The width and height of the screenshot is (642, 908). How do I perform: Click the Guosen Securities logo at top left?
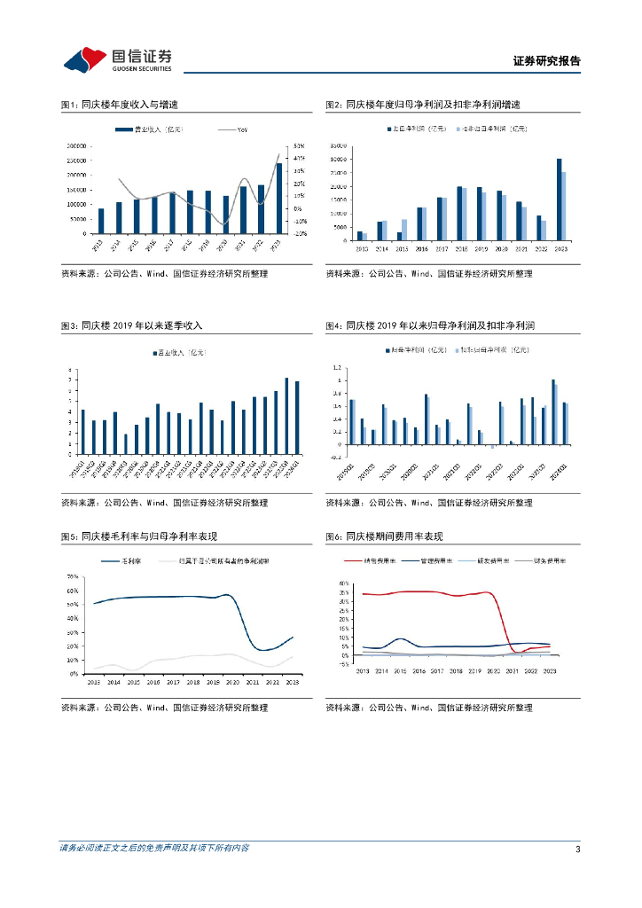click(115, 59)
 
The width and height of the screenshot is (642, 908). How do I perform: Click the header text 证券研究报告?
click(546, 61)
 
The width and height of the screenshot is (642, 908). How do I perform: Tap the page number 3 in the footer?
click(577, 849)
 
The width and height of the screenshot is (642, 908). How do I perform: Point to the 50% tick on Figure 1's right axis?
click(300, 145)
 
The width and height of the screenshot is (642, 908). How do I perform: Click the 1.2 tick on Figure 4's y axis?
click(336, 367)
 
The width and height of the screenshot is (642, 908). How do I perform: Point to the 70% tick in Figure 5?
click(72, 576)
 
